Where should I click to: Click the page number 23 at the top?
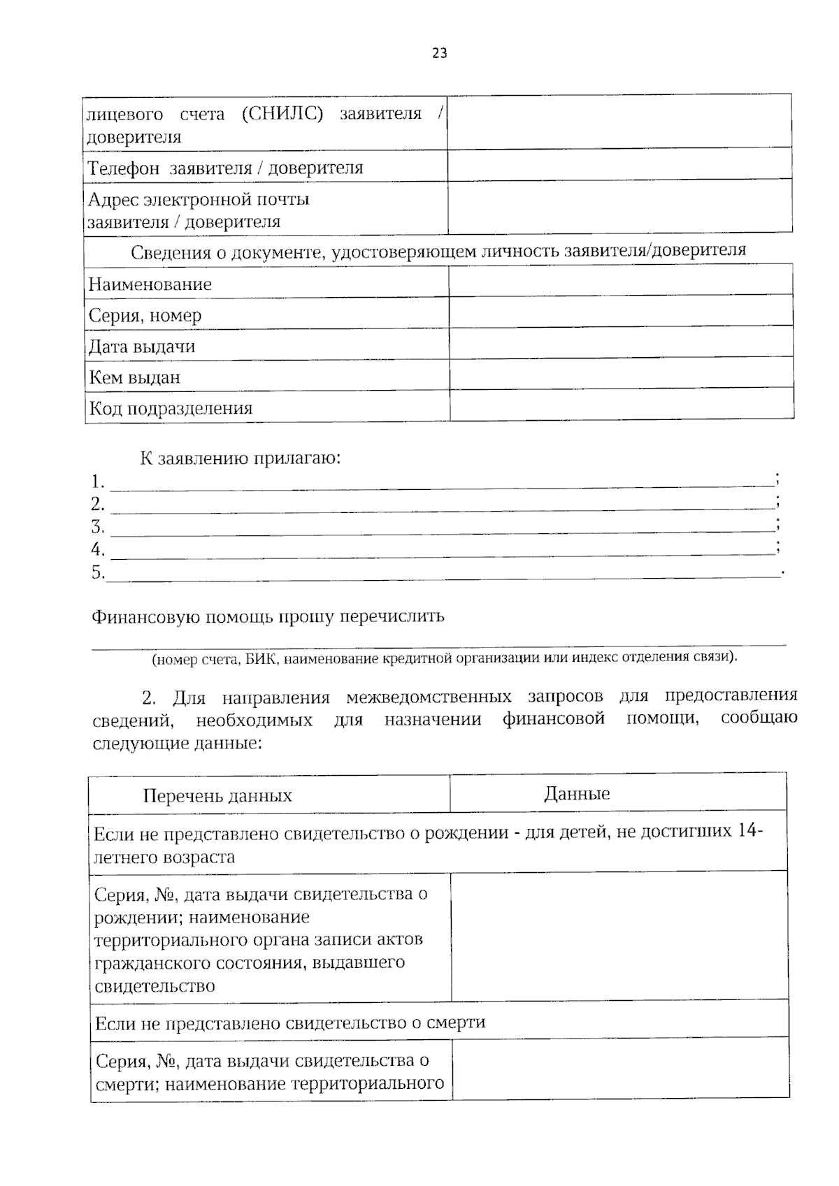point(440,53)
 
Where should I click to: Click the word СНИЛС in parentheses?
point(282,114)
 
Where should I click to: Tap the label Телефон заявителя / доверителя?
point(225,168)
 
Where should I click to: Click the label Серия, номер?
point(145,315)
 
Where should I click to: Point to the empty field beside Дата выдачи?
point(621,345)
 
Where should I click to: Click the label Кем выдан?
point(134,377)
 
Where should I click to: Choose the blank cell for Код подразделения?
point(621,405)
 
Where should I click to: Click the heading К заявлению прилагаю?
point(241,458)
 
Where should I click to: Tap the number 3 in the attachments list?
point(97,526)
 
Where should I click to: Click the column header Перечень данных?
point(217,796)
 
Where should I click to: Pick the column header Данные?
point(577,793)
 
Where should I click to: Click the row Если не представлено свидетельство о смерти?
point(290,1023)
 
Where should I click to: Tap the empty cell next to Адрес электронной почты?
point(619,207)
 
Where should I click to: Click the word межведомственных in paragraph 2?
point(429,697)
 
